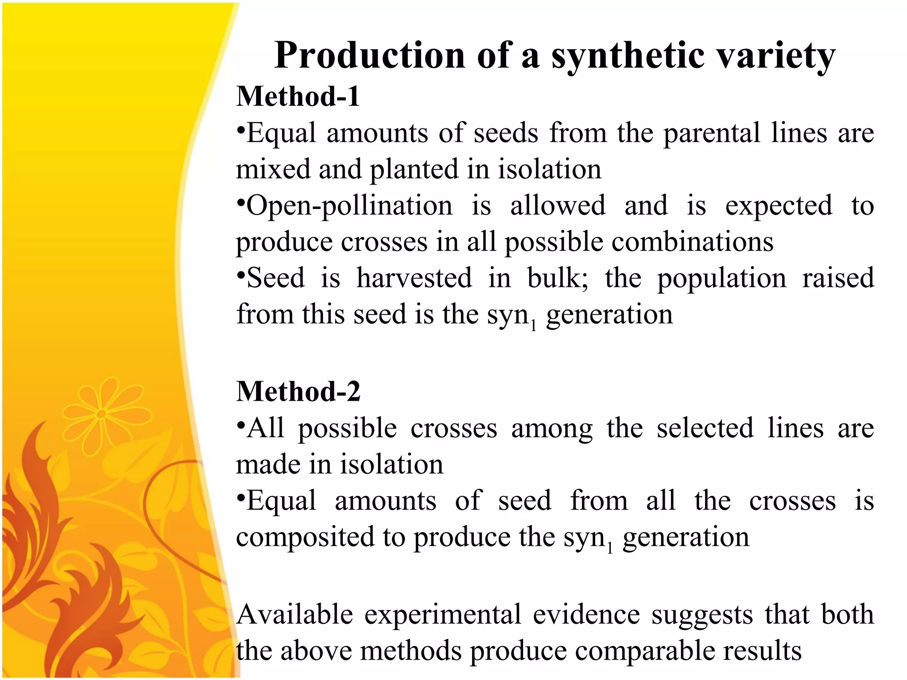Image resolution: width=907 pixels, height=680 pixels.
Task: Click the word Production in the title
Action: (x=369, y=55)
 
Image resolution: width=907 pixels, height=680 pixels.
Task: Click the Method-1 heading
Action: (x=298, y=96)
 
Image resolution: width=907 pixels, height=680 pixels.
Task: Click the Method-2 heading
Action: (x=298, y=391)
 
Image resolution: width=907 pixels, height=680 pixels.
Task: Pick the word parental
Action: (x=712, y=133)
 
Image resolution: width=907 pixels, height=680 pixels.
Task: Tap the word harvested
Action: (x=414, y=278)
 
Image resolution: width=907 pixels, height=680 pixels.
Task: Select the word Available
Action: (x=295, y=614)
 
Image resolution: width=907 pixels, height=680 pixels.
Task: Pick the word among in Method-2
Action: (x=552, y=429)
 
